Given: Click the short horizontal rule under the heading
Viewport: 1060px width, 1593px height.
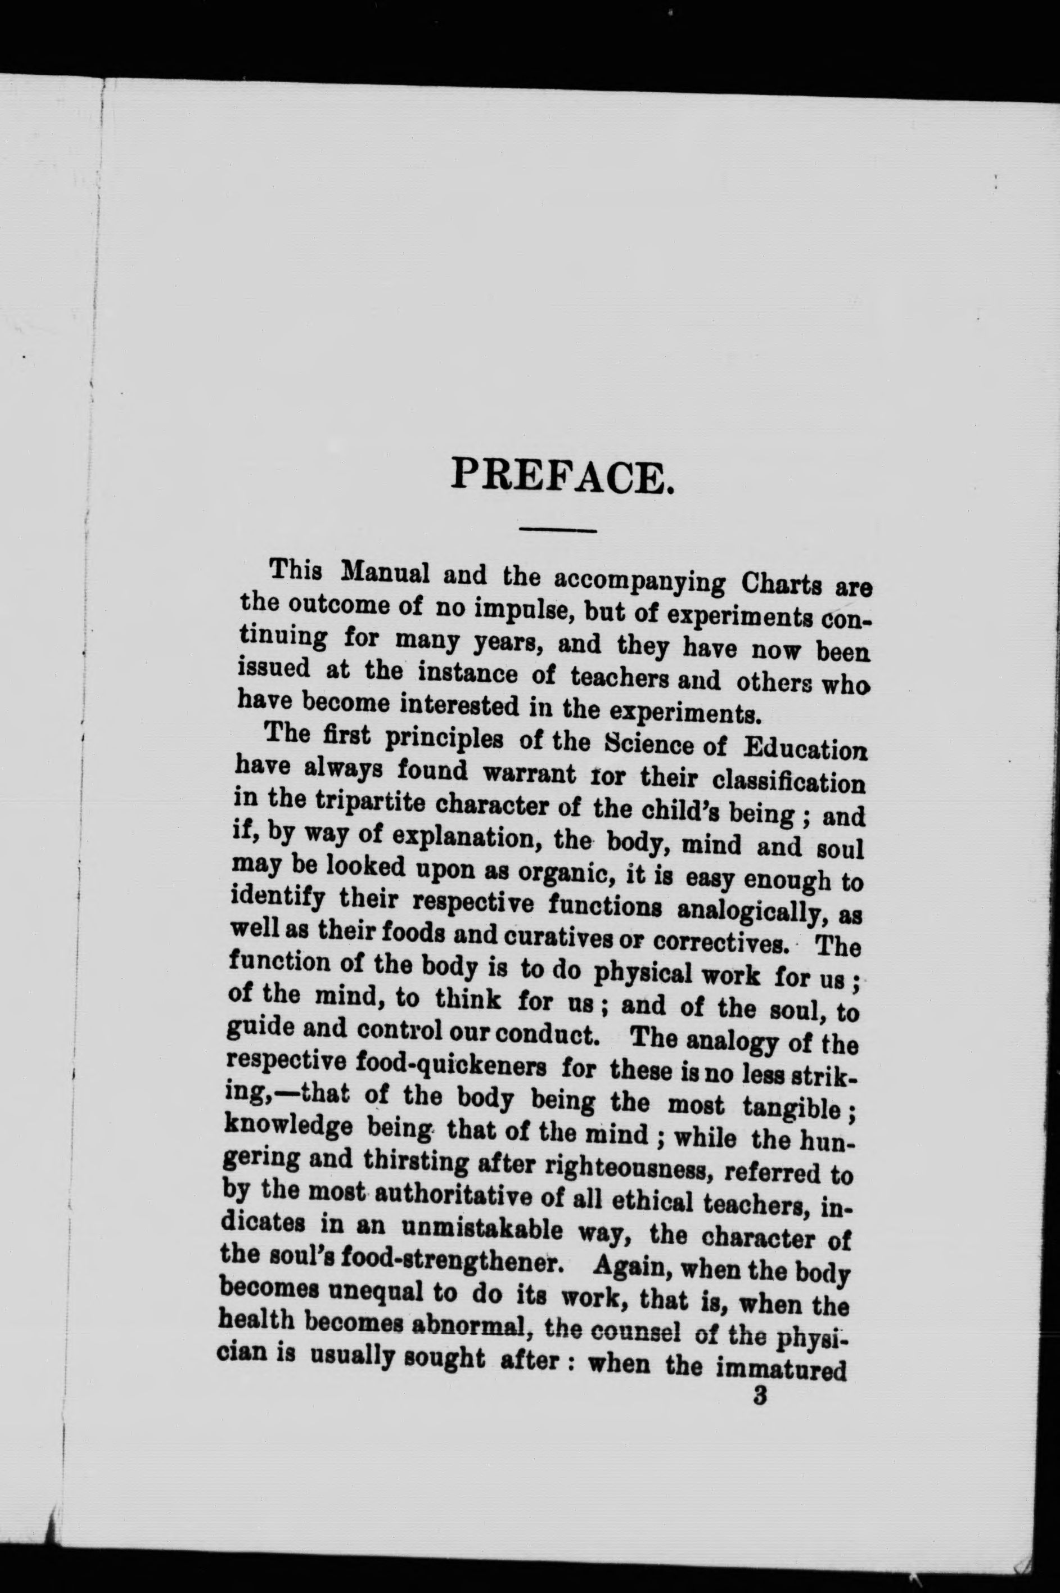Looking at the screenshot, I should coord(558,529).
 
